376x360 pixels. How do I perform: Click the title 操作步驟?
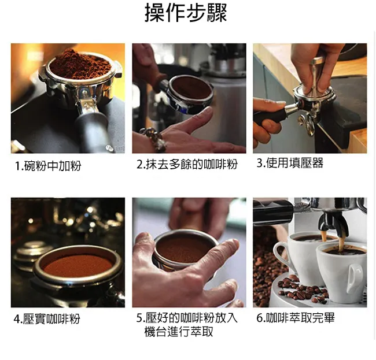coord(186,13)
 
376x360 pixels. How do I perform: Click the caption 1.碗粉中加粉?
coord(48,166)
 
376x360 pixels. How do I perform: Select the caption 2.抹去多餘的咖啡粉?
coord(187,164)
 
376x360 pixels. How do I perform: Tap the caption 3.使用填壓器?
coord(290,163)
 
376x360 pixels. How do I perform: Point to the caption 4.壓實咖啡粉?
coord(47,319)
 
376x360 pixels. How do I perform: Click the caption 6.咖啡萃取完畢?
coord(296,318)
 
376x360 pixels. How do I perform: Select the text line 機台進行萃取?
coord(179,332)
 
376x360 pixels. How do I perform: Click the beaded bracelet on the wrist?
coord(153,138)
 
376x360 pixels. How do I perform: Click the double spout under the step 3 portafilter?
coord(307,123)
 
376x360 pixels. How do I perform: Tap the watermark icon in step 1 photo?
coord(109,149)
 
